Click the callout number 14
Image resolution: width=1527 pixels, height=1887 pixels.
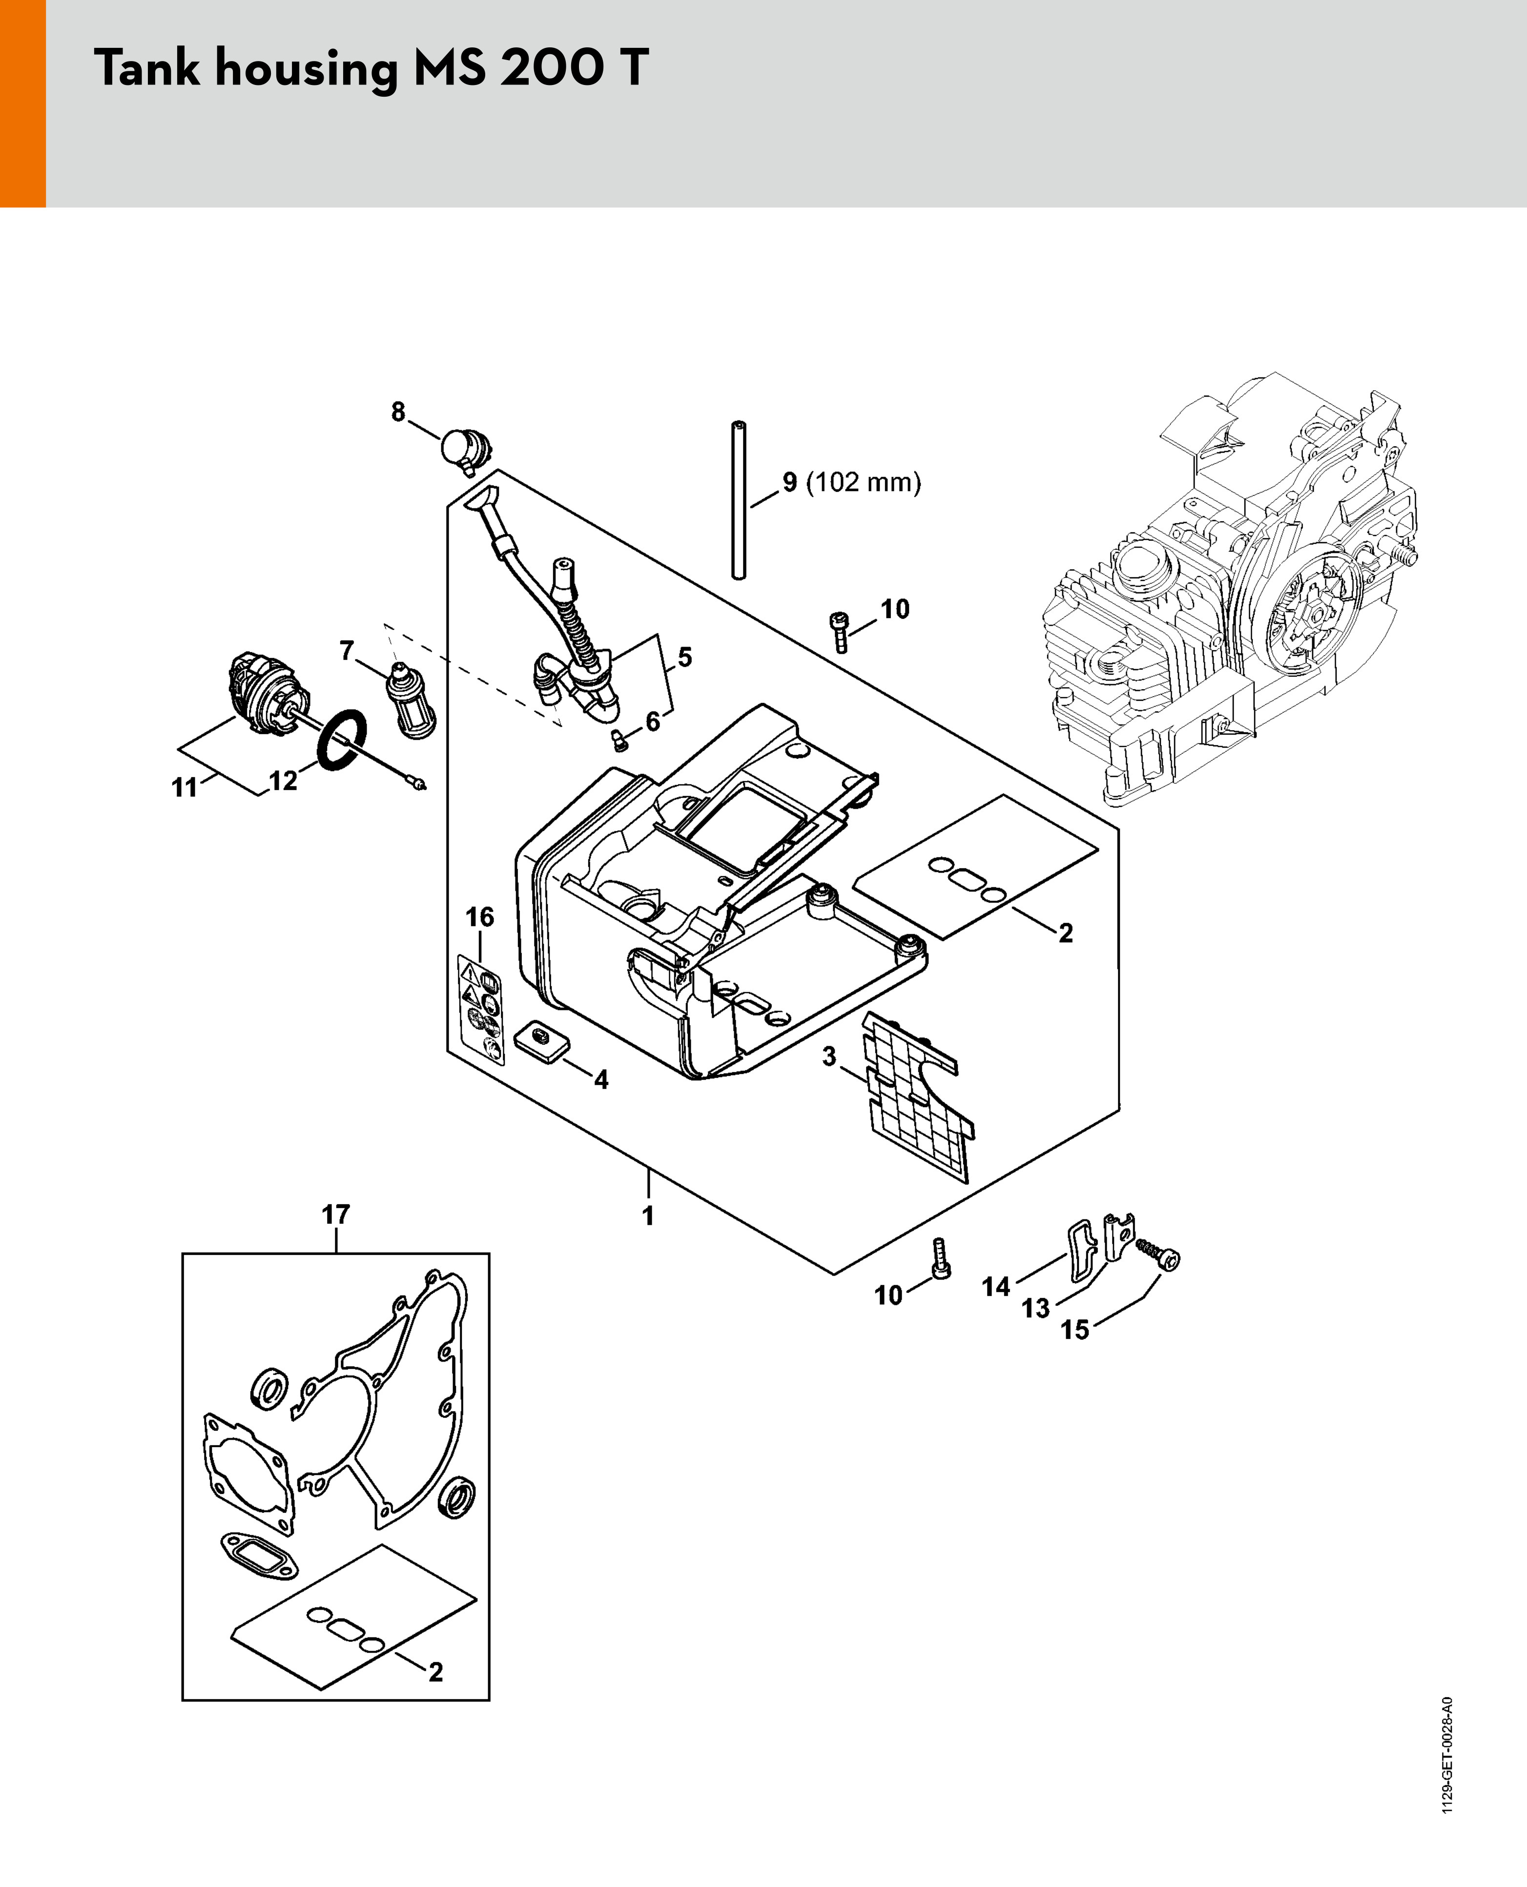pyautogui.click(x=996, y=1287)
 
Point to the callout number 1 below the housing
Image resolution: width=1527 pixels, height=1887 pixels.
pyautogui.click(x=648, y=1216)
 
